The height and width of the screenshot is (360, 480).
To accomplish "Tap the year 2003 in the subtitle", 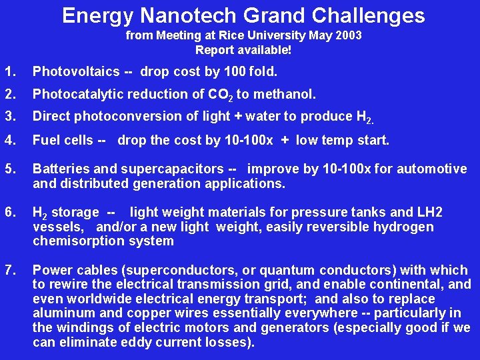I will point(348,35).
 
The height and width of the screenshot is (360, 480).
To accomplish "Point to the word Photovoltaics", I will point(76,71).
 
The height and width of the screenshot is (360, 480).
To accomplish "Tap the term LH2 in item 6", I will point(429,213).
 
